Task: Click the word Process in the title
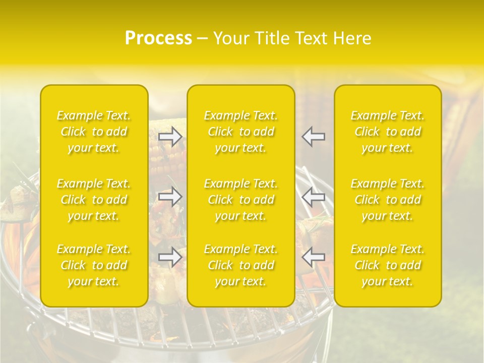(158, 38)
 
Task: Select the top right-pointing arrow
(170, 136)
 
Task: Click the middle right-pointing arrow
(170, 197)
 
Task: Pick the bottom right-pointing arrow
(170, 257)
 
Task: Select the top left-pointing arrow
(313, 136)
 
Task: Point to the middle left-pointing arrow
(313, 197)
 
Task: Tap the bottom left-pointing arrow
(313, 257)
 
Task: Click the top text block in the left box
(94, 132)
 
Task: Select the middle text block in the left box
(94, 200)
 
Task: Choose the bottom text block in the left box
(94, 265)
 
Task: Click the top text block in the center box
(240, 132)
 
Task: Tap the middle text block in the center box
(240, 200)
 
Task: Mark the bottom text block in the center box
(240, 265)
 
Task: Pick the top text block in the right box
(387, 132)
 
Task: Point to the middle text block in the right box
(387, 200)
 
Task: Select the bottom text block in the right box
(387, 265)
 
